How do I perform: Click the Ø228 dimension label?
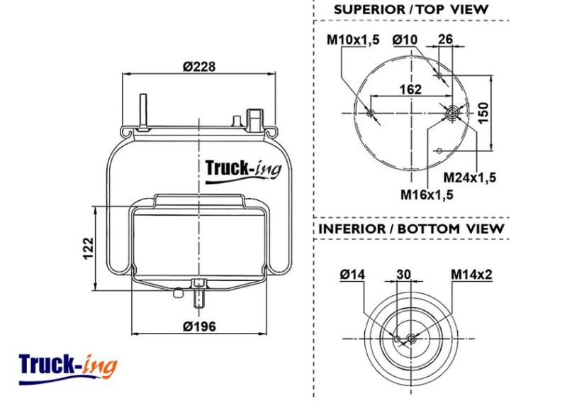pyautogui.click(x=198, y=67)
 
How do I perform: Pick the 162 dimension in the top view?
pyautogui.click(x=410, y=89)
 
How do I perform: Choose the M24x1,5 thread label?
pyautogui.click(x=471, y=176)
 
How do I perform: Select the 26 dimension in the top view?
pyautogui.click(x=444, y=40)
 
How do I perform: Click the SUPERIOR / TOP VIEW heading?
pyautogui.click(x=410, y=9)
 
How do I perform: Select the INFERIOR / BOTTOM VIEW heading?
pyautogui.click(x=411, y=229)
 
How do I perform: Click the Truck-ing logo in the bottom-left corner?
pyautogui.click(x=68, y=366)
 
